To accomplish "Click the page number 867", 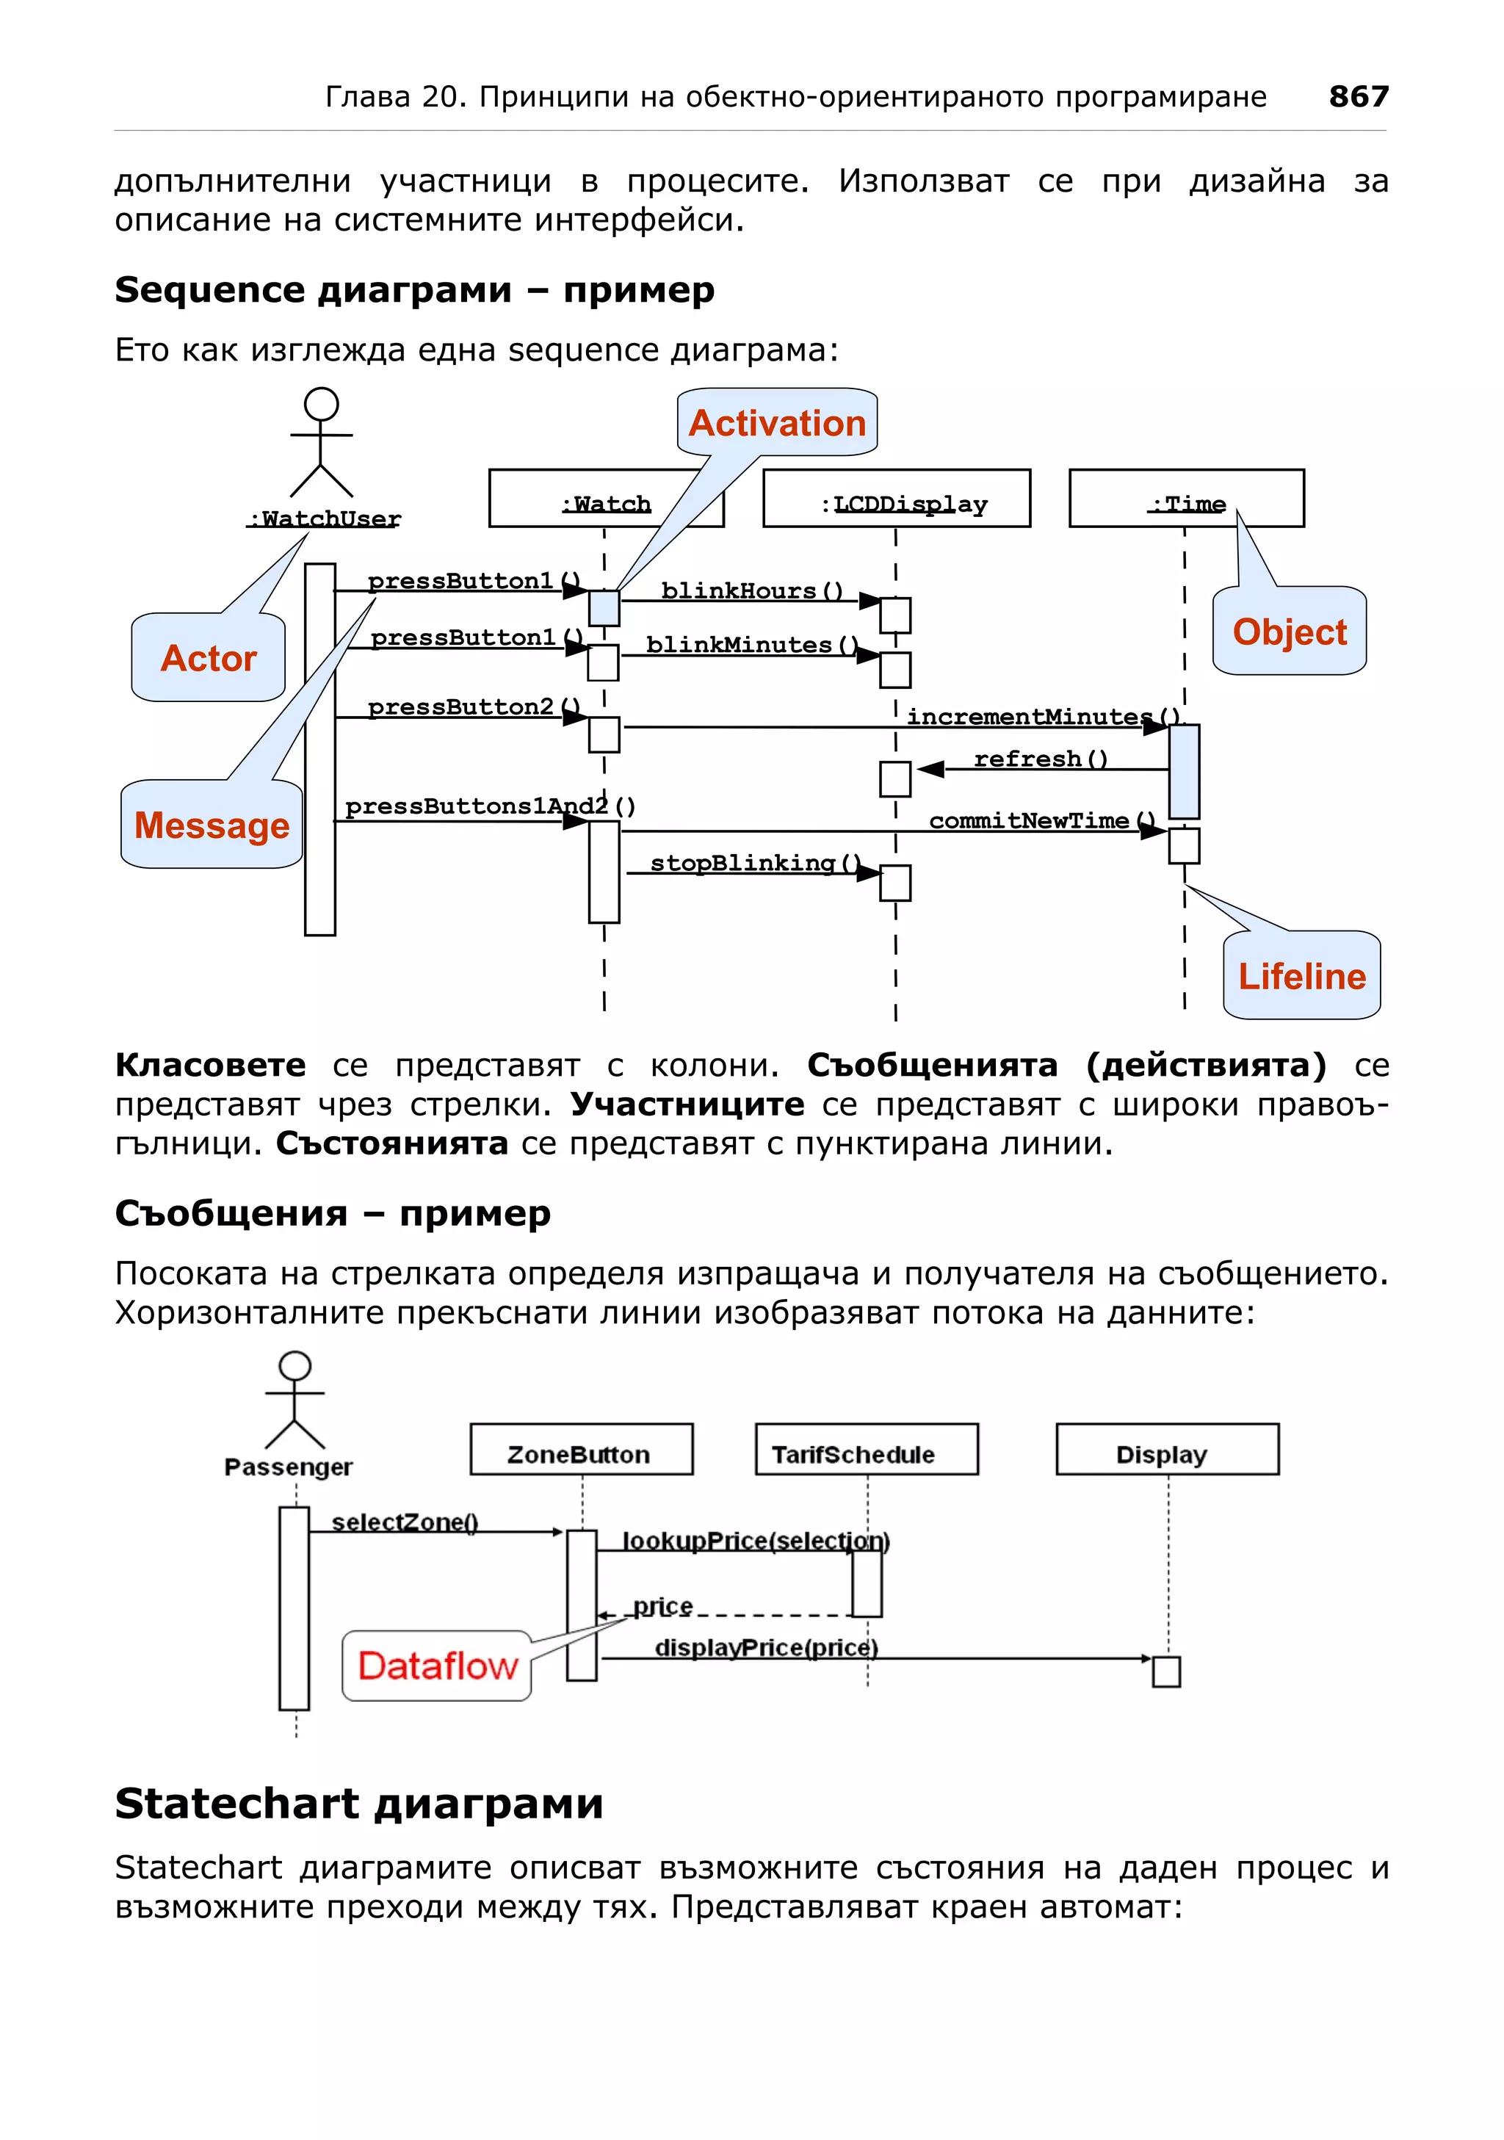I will click(x=1358, y=96).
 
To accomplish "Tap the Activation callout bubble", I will click(x=777, y=423).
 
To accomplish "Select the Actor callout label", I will click(x=208, y=658).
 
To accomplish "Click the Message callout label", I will click(x=211, y=825).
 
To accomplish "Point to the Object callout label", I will click(x=1289, y=632).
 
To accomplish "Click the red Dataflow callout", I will click(x=437, y=1666).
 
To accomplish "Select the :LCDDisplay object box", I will click(x=897, y=499).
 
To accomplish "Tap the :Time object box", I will click(x=1186, y=499).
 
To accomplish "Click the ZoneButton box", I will click(x=582, y=1450).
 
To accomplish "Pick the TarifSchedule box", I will click(x=866, y=1450).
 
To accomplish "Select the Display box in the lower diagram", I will click(x=1167, y=1450).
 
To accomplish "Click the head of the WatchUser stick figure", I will click(x=322, y=404).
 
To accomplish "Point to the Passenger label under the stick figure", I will click(x=289, y=1467).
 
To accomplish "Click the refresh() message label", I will click(x=1041, y=759).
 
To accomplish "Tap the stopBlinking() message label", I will click(x=755, y=863).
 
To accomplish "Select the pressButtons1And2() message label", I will click(x=490, y=806).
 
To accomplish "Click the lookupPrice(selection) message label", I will click(x=756, y=1541).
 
